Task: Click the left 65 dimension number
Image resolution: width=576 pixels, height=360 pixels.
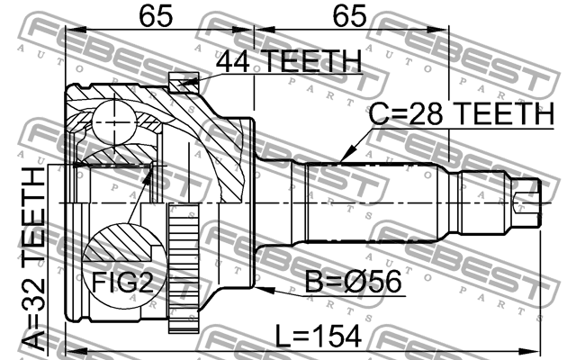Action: click(x=156, y=16)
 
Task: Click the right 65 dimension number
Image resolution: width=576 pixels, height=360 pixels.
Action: click(x=349, y=16)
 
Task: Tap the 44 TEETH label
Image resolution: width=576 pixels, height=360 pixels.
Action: click(x=289, y=61)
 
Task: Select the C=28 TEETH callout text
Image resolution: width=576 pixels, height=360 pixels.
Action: click(x=461, y=113)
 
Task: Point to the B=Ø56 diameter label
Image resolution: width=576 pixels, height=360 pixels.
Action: click(x=354, y=282)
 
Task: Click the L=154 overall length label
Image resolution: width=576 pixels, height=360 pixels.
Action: click(x=318, y=336)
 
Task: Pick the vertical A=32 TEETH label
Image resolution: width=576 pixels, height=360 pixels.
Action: click(x=33, y=259)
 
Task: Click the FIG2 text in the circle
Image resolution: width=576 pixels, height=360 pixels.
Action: click(x=122, y=282)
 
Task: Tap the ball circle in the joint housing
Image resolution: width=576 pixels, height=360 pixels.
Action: click(x=114, y=122)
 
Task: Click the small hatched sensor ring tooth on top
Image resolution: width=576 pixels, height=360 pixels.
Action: click(x=184, y=82)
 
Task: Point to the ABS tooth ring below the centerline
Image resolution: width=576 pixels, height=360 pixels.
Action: click(x=184, y=268)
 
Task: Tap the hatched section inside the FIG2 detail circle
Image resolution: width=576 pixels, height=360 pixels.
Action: click(x=121, y=242)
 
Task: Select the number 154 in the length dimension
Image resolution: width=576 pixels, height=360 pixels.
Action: click(x=336, y=336)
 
